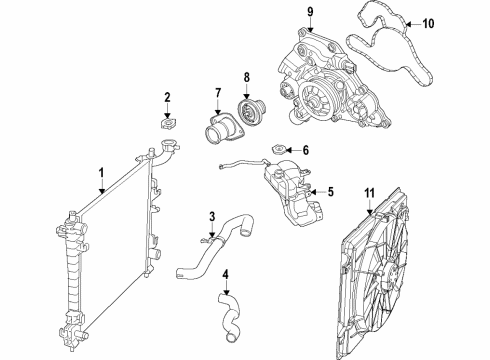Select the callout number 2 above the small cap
pos(168,97)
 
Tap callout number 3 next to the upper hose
pos(211,215)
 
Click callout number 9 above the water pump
pos(309,12)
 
